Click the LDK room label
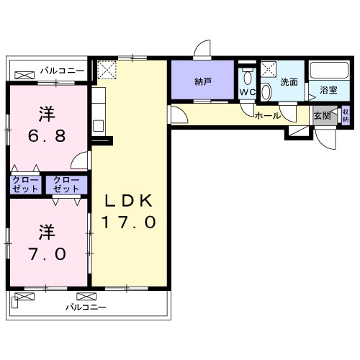[129, 201]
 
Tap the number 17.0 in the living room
[129, 222]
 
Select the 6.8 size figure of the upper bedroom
[47, 136]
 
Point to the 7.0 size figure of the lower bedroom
[47, 254]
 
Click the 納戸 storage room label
[203, 82]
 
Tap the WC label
[248, 92]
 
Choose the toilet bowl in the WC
[248, 77]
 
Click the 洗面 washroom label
[289, 82]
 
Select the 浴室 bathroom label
[328, 90]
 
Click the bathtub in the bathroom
[329, 70]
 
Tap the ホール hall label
[267, 116]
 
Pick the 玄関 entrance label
[323, 116]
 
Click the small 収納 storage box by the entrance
[346, 115]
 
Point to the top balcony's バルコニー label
[63, 71]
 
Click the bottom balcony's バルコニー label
[86, 307]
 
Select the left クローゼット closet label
[25, 184]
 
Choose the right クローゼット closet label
[66, 184]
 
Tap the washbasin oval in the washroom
[266, 91]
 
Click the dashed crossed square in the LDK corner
[107, 70]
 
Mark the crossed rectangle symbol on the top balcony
[24, 76]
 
